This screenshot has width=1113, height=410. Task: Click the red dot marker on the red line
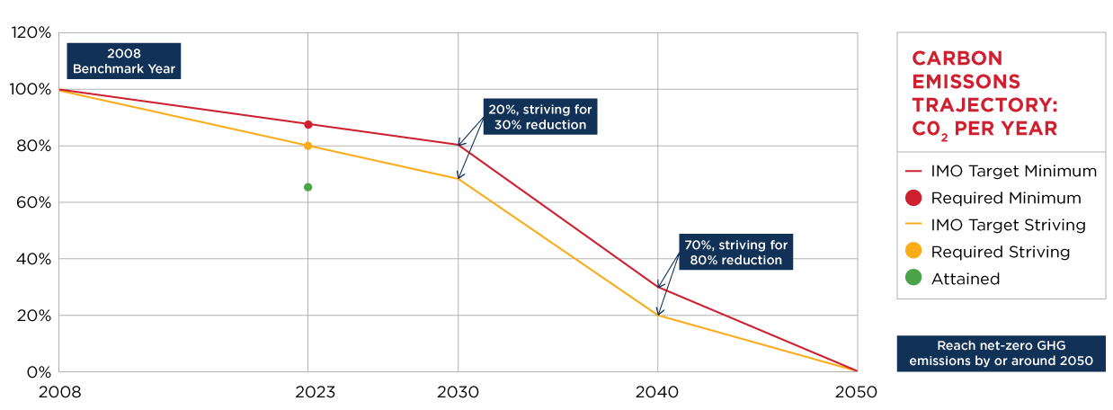308,124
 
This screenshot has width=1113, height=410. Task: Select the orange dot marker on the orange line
308,146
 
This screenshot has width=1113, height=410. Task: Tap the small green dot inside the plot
308,187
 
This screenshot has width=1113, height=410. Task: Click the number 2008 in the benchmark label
124,53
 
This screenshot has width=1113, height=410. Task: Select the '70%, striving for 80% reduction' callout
736,252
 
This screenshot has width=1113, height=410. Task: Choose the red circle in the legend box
913,198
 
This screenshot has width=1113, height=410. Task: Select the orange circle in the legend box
913,250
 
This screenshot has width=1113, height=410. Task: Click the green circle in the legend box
913,277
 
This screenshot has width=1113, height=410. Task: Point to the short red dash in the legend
913,171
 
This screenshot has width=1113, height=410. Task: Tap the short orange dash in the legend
913,223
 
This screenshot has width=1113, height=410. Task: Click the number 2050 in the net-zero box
1075,361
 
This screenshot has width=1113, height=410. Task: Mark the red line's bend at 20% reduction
459,145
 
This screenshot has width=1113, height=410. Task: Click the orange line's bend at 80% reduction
658,316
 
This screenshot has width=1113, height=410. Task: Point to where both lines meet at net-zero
856,370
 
